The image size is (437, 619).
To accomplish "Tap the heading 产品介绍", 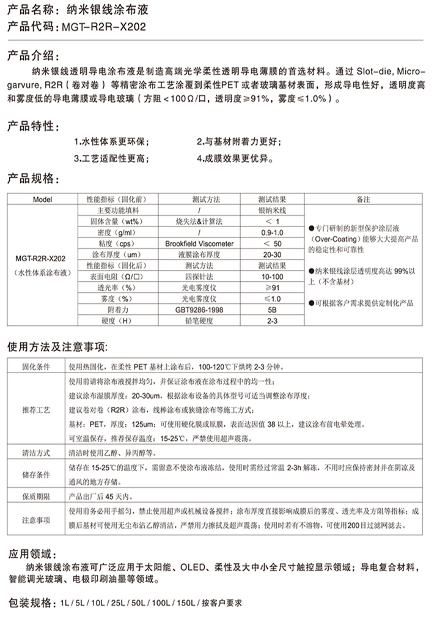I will click(33, 57).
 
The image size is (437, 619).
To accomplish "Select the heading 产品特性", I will click(33, 127).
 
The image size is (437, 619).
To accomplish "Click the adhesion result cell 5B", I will click(272, 309).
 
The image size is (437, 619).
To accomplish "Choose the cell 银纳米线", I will click(272, 210).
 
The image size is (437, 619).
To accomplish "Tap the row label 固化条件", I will click(37, 368).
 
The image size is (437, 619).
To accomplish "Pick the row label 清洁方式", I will click(37, 454).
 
